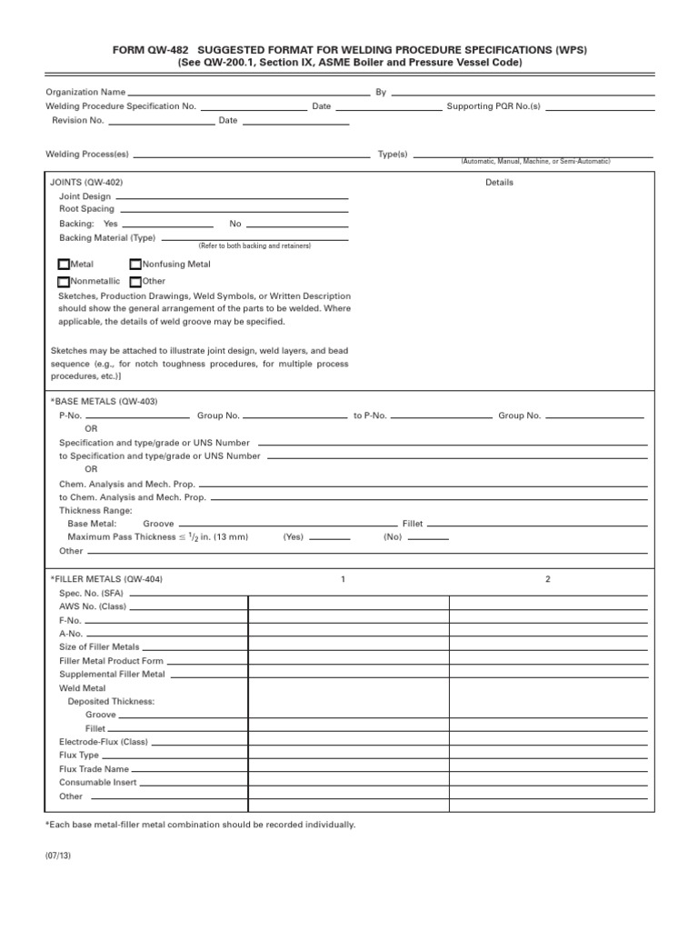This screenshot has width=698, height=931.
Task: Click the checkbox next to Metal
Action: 64,265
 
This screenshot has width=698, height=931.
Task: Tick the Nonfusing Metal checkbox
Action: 135,265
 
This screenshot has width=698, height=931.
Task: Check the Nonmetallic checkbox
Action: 64,282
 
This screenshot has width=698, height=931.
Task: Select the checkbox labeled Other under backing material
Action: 135,282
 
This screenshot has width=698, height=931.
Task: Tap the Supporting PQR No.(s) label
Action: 494,106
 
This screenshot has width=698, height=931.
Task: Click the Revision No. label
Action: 78,120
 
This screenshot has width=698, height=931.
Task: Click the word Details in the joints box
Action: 499,182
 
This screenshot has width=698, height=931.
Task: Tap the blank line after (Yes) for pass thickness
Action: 330,538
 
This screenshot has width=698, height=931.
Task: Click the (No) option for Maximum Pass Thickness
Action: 393,537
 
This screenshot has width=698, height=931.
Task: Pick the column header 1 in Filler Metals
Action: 343,579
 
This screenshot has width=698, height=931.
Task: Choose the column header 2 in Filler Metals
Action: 547,579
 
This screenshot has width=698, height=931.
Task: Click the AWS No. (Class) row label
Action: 94,606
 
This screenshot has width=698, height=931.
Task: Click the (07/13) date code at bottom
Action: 56,856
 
